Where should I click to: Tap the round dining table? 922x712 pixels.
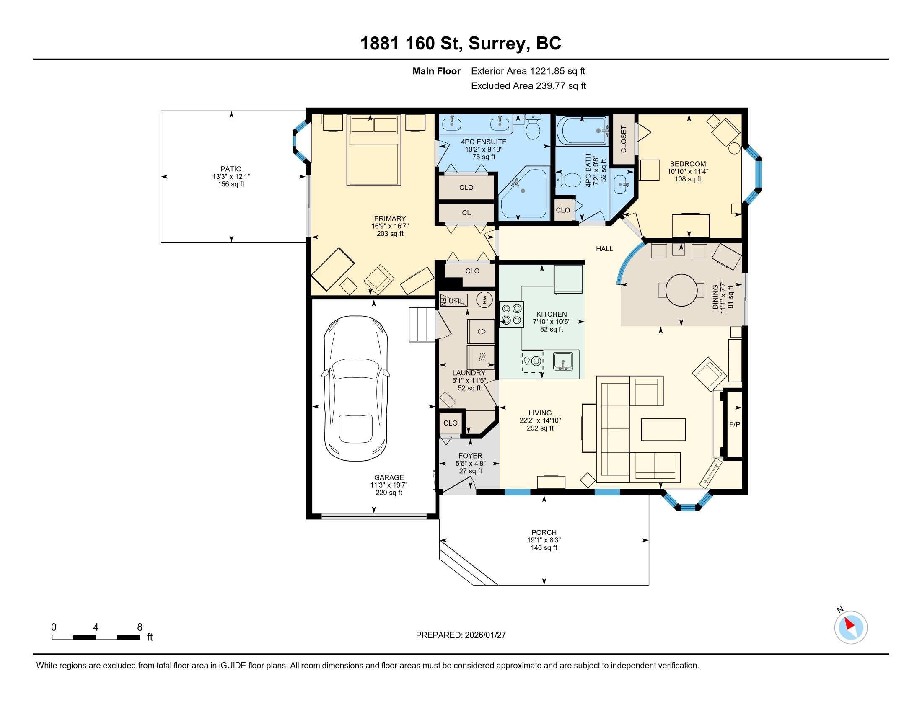click(681, 290)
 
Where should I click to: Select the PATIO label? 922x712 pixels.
click(231, 169)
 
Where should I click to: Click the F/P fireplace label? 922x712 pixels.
click(735, 424)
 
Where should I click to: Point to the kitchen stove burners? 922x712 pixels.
click(512, 315)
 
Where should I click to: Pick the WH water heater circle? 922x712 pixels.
click(484, 299)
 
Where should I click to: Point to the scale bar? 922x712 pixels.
click(96, 637)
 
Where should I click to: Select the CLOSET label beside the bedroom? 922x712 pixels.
click(624, 139)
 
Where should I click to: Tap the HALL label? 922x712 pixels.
click(604, 249)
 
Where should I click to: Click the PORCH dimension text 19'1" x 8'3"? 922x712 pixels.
click(544, 540)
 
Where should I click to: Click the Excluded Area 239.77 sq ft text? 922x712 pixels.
click(528, 86)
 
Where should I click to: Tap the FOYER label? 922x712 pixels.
click(470, 456)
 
